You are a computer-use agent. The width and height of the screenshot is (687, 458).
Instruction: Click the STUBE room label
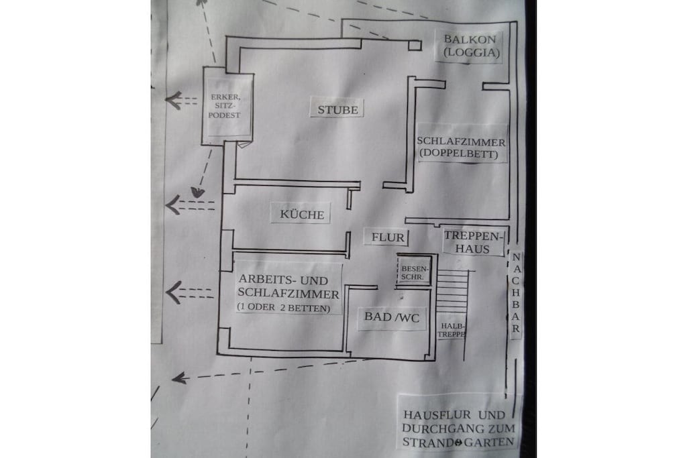click(338, 109)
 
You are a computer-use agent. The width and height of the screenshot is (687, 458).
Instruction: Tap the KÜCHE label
click(302, 215)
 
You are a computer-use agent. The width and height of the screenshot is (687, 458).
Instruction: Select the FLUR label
click(388, 237)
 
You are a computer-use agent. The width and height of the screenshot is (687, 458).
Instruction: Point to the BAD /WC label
click(392, 317)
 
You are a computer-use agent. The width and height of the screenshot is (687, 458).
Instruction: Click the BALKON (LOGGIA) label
click(471, 46)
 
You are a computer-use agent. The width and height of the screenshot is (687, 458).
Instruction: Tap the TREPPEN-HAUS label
click(472, 242)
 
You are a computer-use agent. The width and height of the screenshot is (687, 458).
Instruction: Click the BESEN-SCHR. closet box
click(413, 270)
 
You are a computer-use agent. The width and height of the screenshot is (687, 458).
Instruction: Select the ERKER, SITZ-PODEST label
click(224, 106)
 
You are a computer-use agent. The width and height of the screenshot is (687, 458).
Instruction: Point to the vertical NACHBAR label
click(516, 292)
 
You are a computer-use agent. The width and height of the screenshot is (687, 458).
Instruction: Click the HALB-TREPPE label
click(453, 330)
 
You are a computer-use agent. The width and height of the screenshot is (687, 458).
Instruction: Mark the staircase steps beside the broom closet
click(453, 292)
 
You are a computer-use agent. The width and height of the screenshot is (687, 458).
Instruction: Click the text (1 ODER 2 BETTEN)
click(284, 308)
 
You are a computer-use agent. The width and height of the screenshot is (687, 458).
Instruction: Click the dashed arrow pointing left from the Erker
click(181, 101)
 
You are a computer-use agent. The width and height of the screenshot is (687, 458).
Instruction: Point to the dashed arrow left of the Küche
click(190, 205)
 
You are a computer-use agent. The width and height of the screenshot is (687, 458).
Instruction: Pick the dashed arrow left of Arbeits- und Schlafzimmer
click(189, 292)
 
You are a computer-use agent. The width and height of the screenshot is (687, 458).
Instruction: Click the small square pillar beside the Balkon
click(415, 45)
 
